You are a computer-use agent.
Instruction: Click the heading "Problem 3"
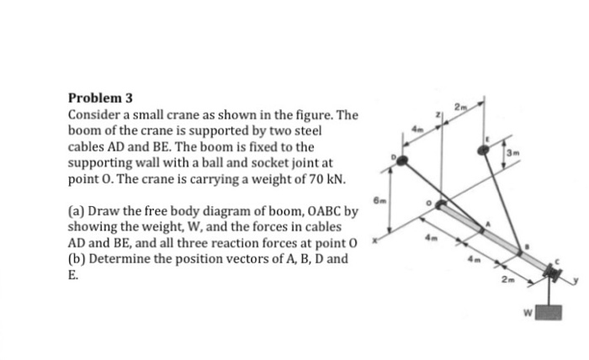[x=99, y=97]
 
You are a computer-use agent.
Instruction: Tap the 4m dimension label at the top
[x=417, y=128]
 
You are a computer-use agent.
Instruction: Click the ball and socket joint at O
[x=439, y=205]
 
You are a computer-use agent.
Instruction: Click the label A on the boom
[x=485, y=224]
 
